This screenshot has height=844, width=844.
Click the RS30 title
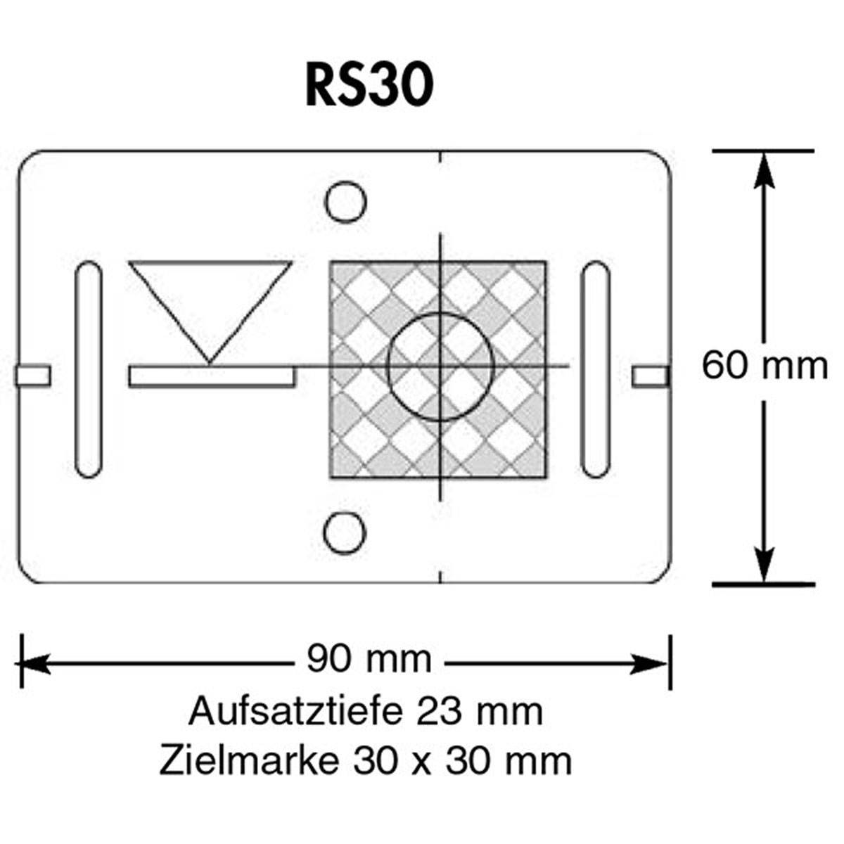tap(369, 86)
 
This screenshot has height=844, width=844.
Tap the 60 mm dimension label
tap(765, 366)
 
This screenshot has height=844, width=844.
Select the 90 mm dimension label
tap(369, 660)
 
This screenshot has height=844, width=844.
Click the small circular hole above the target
tap(345, 203)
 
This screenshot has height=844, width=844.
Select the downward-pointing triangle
tap(210, 299)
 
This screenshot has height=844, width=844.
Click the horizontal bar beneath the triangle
tap(212, 376)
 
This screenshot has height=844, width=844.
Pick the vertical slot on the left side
tap(88, 369)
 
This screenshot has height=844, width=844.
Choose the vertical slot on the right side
tap(596, 369)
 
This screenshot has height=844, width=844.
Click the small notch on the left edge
tap(32, 376)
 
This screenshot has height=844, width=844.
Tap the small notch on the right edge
tap(650, 376)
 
